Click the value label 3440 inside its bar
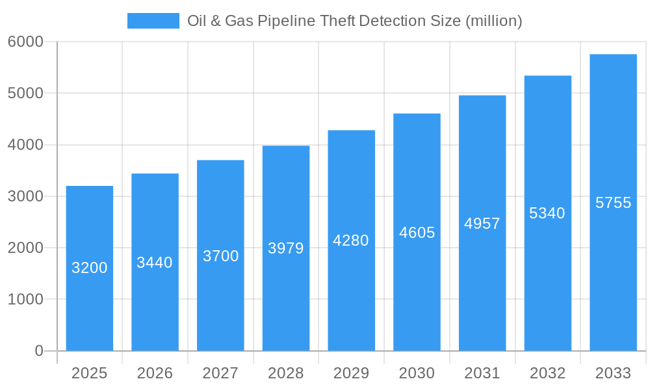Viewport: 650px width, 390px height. point(155,263)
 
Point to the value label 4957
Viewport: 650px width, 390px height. point(482,224)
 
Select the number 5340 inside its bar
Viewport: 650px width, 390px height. point(547,213)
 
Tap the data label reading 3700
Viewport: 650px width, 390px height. point(220,256)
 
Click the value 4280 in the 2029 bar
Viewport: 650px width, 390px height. point(351,240)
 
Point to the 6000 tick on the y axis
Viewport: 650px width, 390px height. point(25,42)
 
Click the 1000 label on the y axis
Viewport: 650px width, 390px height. point(25,300)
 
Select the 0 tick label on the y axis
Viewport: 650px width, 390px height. point(38,351)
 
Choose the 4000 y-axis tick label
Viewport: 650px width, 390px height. point(25,145)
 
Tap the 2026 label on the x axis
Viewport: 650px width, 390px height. point(155,373)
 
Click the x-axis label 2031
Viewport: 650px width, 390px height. point(482,373)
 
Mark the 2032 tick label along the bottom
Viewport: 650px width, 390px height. point(547,373)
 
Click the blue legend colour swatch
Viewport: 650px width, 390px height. point(153,21)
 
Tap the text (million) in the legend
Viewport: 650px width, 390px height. point(494,21)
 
